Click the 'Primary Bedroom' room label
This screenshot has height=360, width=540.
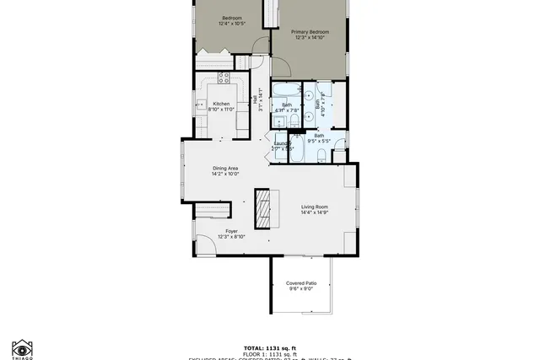coord(310,32)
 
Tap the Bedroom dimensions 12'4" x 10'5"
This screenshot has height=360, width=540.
coord(232,24)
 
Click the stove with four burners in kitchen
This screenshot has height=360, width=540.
coord(225,78)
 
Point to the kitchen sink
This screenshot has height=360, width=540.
coord(202,105)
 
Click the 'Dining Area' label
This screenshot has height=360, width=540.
coord(225,168)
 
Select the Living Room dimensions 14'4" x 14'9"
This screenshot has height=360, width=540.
coord(314,212)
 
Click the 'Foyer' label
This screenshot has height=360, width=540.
coord(231,231)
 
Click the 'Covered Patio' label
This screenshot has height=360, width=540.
coord(300,283)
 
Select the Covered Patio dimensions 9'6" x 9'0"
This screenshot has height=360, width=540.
coord(300,289)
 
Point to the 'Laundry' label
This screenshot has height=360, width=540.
coord(282,143)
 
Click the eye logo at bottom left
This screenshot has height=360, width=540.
coord(22,347)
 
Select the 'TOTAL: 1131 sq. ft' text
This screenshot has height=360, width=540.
coord(270,347)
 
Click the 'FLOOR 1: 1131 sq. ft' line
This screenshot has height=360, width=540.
coord(270,353)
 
